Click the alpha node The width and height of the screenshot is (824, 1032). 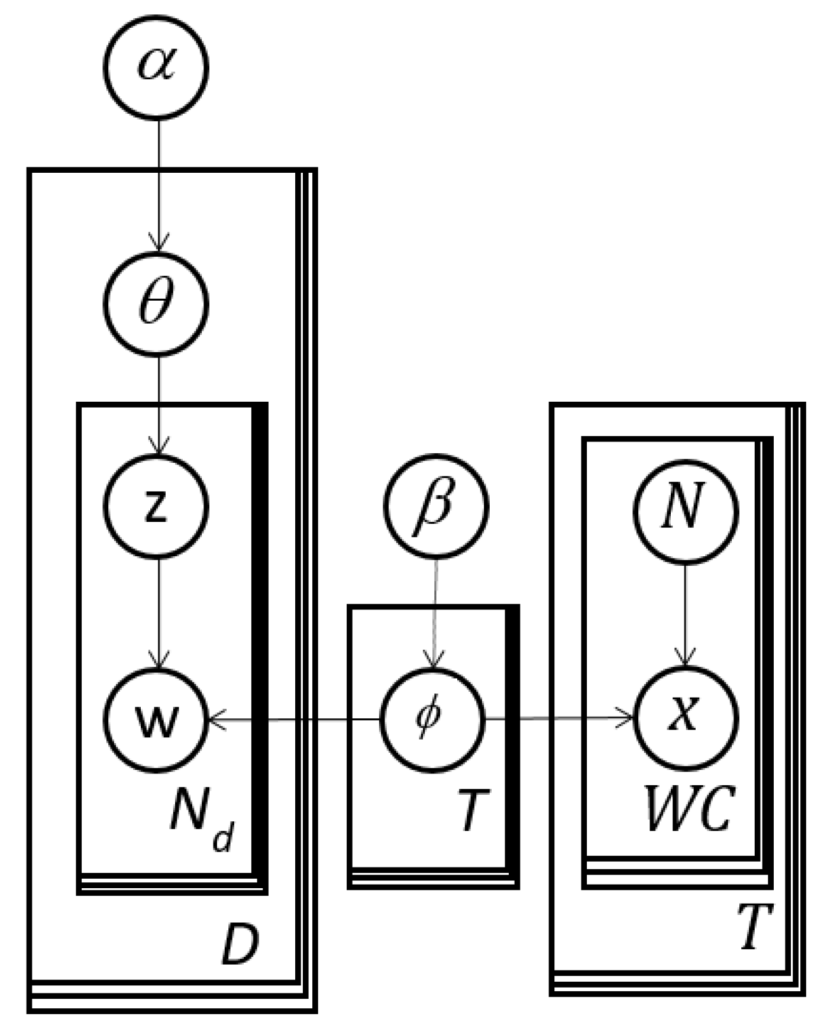tap(157, 65)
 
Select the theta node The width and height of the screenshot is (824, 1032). tap(157, 304)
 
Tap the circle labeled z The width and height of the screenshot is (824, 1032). tap(157, 506)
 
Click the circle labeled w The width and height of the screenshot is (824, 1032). tap(157, 720)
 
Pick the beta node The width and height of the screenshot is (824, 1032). tap(436, 506)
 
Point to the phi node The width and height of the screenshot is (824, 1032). tap(432, 718)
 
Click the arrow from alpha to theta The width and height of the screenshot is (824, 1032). tap(159, 183)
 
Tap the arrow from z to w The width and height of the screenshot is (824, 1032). tap(159, 612)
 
